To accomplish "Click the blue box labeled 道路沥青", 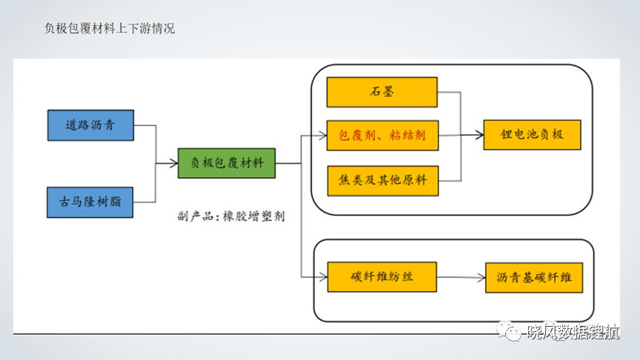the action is [x=90, y=125].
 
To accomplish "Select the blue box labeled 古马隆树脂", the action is [x=90, y=202].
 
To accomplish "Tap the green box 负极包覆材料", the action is [x=227, y=163].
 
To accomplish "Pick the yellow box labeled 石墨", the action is [x=382, y=93].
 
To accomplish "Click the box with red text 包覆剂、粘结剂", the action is [x=382, y=136].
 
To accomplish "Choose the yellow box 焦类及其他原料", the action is [x=383, y=181].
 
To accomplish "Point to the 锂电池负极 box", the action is [x=533, y=135].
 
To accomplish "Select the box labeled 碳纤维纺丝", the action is [x=382, y=277].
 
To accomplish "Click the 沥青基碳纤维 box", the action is [x=534, y=278].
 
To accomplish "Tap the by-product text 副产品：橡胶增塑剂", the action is [x=231, y=216].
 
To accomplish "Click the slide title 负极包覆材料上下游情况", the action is [x=110, y=29].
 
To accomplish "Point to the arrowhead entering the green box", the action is [x=174, y=164].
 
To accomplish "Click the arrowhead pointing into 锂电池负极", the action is [x=479, y=135].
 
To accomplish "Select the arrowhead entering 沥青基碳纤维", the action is [x=481, y=278].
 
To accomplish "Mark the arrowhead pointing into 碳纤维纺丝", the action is [x=324, y=277].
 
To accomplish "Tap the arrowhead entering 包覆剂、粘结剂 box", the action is [x=323, y=136].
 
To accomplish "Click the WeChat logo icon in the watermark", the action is [x=509, y=331].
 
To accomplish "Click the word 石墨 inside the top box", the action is [x=382, y=92].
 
